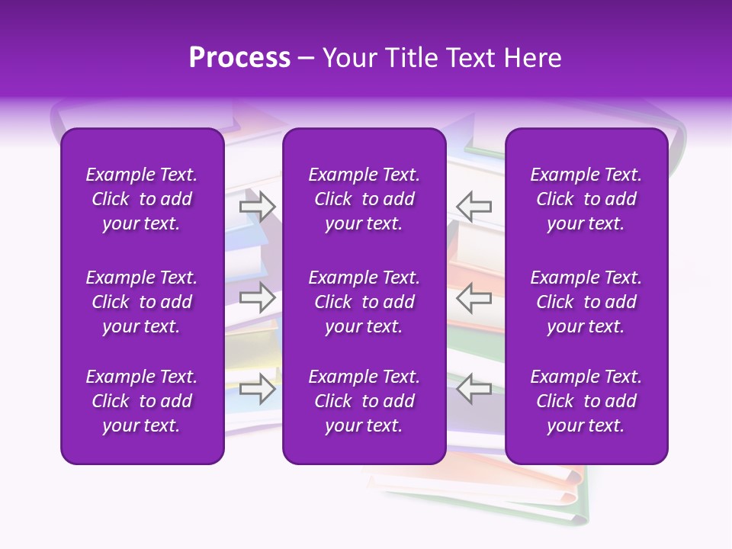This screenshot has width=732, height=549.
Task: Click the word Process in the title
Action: tap(239, 58)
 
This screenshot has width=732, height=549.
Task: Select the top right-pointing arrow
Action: tap(258, 206)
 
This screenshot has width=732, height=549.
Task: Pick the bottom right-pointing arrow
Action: tap(258, 388)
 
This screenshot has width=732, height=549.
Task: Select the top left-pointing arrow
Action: tap(474, 206)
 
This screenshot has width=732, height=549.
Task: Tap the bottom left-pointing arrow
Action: tap(474, 388)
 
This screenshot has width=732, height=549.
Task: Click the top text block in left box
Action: tap(142, 199)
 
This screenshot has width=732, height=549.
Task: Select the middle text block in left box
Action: tap(142, 302)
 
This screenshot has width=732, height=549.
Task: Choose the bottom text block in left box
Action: tap(142, 401)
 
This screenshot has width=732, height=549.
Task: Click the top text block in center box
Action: tap(364, 199)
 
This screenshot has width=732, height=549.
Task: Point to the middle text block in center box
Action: tap(364, 302)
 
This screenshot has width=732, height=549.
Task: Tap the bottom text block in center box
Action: tap(364, 401)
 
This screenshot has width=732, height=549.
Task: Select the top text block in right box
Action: tap(586, 199)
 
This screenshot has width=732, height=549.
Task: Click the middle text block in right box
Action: tap(586, 302)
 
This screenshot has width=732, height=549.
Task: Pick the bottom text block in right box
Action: tap(586, 401)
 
